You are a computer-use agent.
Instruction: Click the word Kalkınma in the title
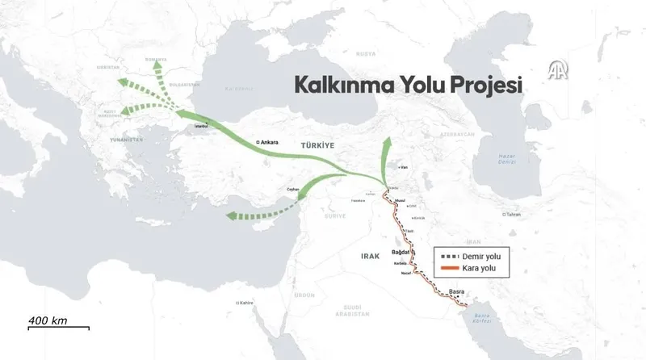pyautogui.click(x=332, y=85)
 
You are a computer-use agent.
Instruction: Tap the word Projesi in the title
pyautogui.click(x=483, y=85)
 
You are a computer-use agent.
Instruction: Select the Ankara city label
pyautogui.click(x=269, y=142)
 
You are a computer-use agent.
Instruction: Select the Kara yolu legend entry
pyautogui.click(x=484, y=267)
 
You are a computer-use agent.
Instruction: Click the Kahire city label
pyautogui.click(x=245, y=303)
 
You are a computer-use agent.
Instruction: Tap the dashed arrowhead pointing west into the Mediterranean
pyautogui.click(x=232, y=216)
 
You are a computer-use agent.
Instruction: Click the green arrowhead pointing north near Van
pyautogui.click(x=386, y=143)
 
